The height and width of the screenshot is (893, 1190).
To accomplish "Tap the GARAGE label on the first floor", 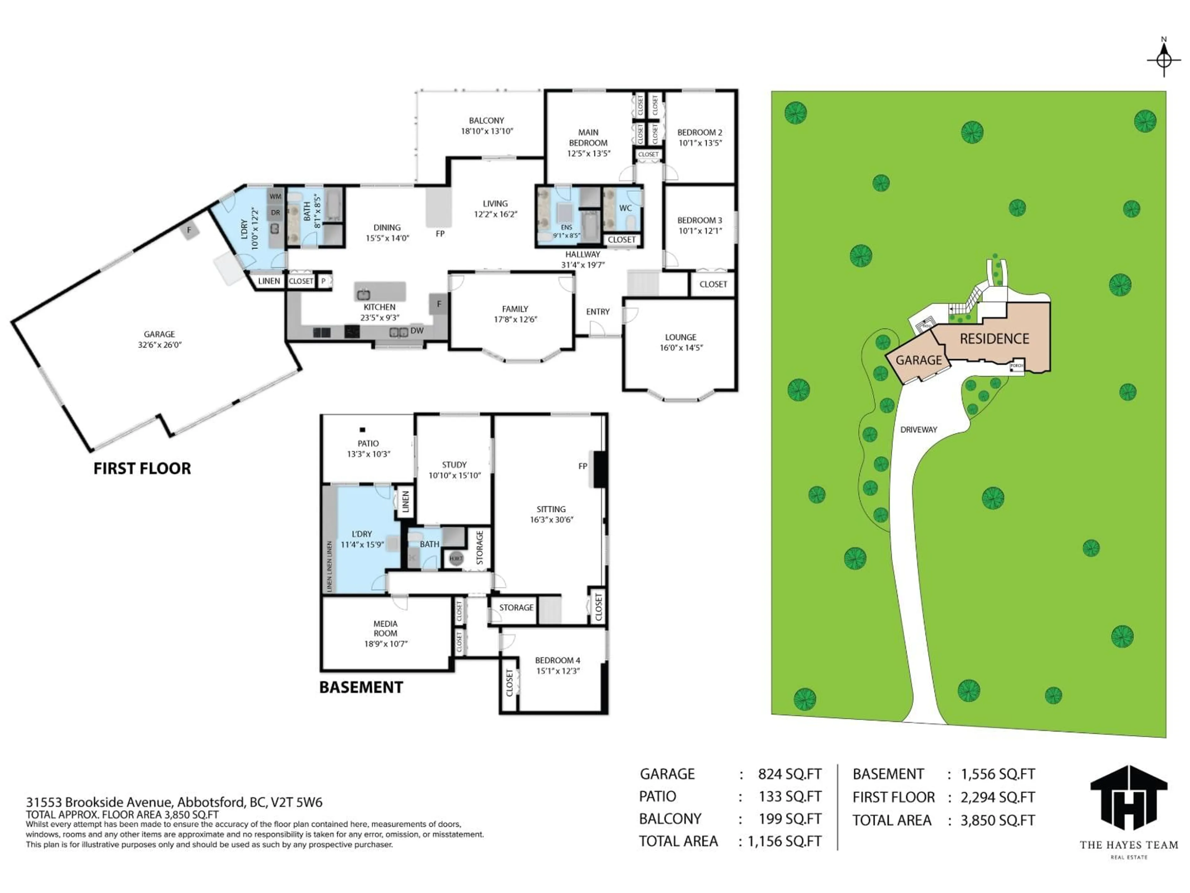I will pyautogui.click(x=159, y=339).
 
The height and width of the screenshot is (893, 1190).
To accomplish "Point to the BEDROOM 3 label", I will pyautogui.click(x=699, y=225).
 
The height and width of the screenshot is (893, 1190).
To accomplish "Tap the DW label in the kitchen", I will pyautogui.click(x=416, y=331).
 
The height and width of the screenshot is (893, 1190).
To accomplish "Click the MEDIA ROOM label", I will pyautogui.click(x=385, y=633).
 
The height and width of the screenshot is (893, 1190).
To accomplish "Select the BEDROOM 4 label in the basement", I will pyautogui.click(x=557, y=665).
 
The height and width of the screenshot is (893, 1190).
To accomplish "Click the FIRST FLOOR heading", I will pyautogui.click(x=142, y=468).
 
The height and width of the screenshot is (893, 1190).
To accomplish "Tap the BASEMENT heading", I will pyautogui.click(x=361, y=687).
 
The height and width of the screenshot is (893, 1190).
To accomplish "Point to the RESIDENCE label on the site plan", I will pyautogui.click(x=994, y=339).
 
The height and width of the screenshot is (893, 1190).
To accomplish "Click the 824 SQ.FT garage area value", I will pyautogui.click(x=789, y=774).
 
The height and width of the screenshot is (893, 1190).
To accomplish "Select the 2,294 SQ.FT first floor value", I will pyautogui.click(x=998, y=797).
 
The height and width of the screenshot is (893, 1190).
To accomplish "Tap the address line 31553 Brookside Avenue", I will pyautogui.click(x=174, y=802).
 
